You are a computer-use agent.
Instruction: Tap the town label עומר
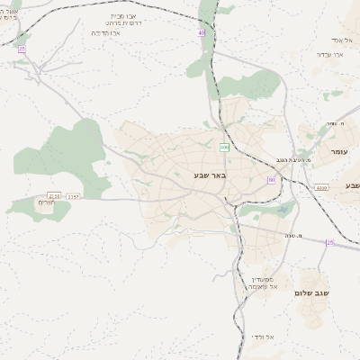coord(339,151)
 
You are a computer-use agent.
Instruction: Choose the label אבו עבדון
coord(330,55)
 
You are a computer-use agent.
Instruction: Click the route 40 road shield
coord(201,32)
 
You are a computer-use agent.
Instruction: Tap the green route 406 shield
coord(223,147)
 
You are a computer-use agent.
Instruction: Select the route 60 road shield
coord(271,181)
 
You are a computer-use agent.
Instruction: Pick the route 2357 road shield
coord(74,196)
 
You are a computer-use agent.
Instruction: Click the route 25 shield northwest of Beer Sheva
coord(21,49)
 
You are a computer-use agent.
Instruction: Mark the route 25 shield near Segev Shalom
coord(329,243)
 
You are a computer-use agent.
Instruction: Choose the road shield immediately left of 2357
coord(54,196)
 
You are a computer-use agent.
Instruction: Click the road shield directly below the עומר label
coord(321,187)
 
